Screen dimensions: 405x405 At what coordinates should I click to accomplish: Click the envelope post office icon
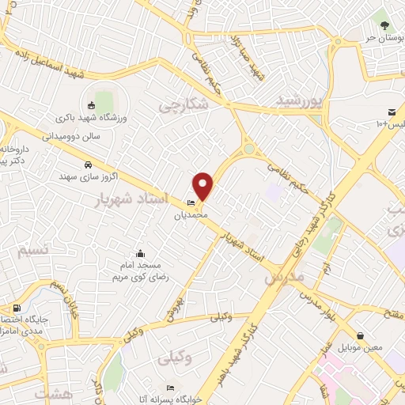(392, 112)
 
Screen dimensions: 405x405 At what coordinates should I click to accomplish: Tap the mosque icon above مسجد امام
(141, 254)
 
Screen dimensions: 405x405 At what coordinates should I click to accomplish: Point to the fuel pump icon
(17, 308)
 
